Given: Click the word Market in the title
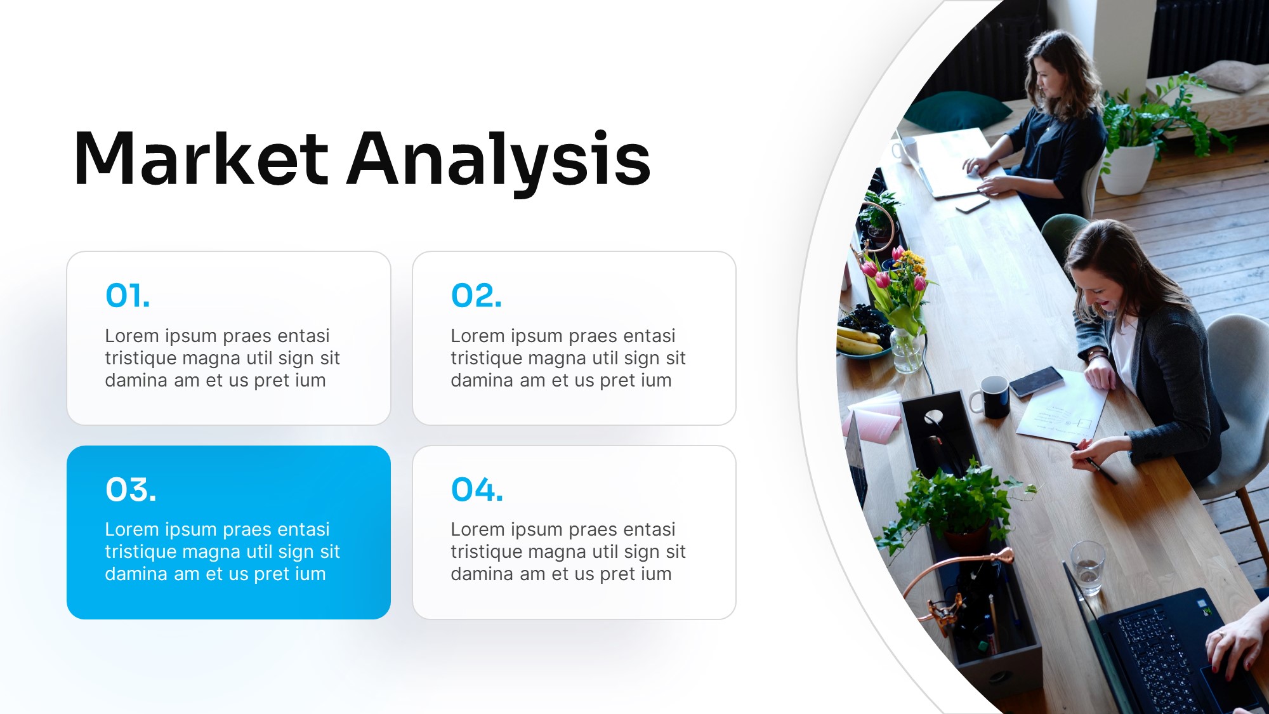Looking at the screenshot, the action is pos(201,159).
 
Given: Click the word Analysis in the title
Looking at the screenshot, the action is pos(499,162).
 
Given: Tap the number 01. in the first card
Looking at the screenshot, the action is pos(128,296).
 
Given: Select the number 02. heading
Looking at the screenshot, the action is pos(476,296).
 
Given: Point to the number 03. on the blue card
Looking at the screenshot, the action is pos(131,490).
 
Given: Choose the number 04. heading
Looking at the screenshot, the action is pos(477,490).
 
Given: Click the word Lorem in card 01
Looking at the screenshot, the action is pos(132,336).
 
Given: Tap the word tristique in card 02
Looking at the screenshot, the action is pos(487,359).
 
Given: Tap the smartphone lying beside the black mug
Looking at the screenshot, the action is pos(1036,382).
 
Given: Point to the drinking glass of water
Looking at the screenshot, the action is pos(1088,567).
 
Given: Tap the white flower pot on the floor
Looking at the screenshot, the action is pos(1128,168).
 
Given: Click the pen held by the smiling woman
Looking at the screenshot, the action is pos(1096,466).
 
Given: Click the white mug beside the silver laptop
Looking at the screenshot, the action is pos(905,150).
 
